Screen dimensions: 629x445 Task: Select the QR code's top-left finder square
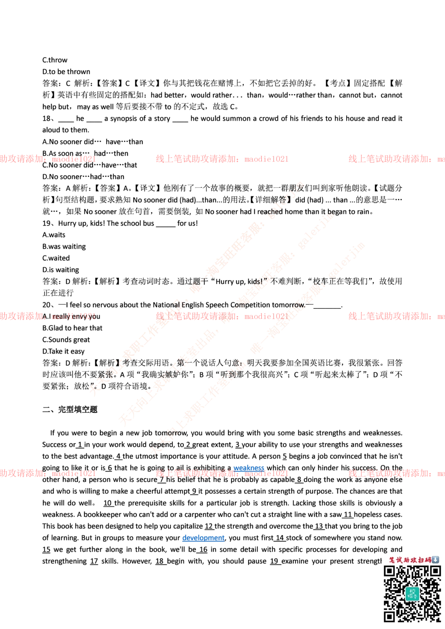389,572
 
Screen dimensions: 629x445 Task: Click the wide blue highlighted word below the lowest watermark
204,539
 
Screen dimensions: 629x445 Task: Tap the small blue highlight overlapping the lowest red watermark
248,468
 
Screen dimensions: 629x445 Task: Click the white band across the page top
222,37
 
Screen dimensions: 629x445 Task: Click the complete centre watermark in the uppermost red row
221,159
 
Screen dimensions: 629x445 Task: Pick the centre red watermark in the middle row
221,316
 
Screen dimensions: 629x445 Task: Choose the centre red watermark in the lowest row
221,473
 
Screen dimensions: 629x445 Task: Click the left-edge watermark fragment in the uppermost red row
47,159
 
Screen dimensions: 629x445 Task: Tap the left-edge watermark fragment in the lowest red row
47,473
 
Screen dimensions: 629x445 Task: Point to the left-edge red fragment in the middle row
47,316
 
